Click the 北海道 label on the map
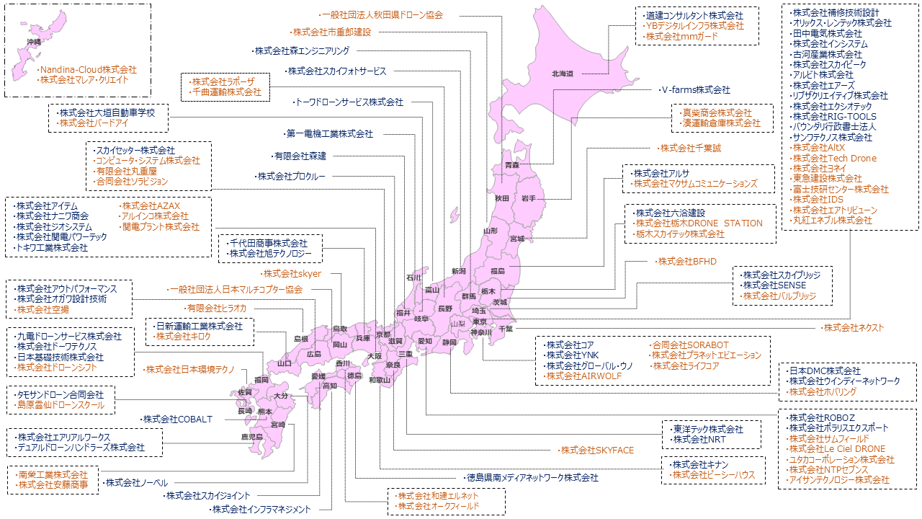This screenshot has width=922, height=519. point(562,74)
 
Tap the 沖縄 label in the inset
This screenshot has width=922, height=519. point(34,43)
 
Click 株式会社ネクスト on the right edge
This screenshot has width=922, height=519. point(854,328)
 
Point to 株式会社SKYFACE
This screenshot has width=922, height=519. point(597,451)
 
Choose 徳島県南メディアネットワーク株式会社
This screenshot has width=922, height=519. point(532,478)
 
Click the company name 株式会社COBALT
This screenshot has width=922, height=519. point(177,419)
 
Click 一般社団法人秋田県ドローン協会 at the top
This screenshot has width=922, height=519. point(382,14)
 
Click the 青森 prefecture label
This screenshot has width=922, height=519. point(512,166)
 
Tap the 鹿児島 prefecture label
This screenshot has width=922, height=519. point(251,438)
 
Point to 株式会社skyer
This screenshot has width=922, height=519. point(292,274)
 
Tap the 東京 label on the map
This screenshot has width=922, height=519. point(480,321)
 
